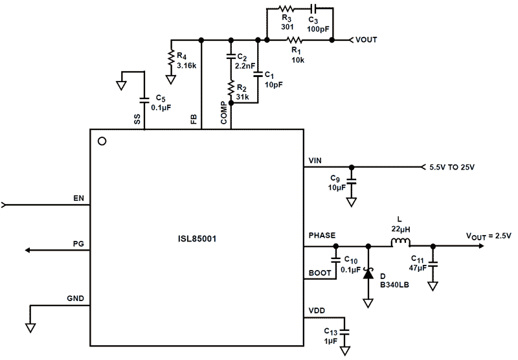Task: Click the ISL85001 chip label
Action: [x=197, y=239]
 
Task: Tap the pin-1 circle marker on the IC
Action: [x=101, y=141]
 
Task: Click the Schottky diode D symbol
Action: [x=368, y=274]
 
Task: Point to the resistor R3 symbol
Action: [x=286, y=9]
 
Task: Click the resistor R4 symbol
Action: [x=171, y=58]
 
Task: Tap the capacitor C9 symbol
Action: [x=352, y=183]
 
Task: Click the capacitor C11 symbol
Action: [x=433, y=264]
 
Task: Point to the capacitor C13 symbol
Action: [x=344, y=330]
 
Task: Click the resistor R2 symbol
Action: [x=230, y=87]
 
